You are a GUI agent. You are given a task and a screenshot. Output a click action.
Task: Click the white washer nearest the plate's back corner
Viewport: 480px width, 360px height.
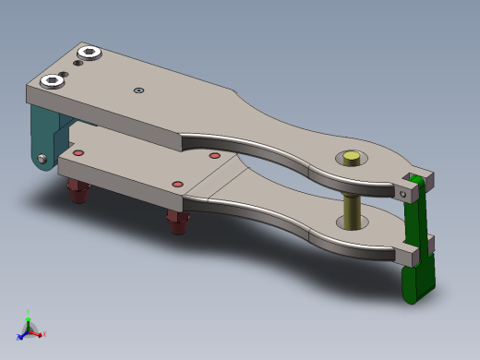click(x=90, y=52)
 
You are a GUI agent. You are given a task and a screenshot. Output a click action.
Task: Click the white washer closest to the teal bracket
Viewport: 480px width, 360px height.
click(x=52, y=81)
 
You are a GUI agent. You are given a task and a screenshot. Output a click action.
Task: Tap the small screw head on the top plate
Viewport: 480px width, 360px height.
click(x=138, y=90)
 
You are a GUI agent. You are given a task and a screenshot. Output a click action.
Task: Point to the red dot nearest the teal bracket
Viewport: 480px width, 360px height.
click(x=78, y=152)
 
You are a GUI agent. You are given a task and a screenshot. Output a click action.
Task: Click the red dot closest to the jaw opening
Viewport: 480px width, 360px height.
click(x=215, y=156)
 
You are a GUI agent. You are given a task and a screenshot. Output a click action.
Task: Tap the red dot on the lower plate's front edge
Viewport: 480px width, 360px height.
click(x=178, y=185)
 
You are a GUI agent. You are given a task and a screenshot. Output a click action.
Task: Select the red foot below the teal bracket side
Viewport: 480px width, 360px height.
click(x=78, y=192)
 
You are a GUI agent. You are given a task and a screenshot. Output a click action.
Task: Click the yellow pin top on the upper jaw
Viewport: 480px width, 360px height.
click(x=351, y=158)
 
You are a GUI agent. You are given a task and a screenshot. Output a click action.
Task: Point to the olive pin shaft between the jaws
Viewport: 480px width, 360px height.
click(x=352, y=210)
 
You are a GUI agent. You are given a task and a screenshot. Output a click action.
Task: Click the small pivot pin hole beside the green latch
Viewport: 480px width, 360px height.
click(x=403, y=194)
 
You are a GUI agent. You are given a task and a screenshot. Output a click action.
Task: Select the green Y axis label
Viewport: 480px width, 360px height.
click(x=28, y=314)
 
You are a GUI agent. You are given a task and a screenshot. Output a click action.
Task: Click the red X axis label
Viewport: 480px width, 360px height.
click(x=43, y=333)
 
